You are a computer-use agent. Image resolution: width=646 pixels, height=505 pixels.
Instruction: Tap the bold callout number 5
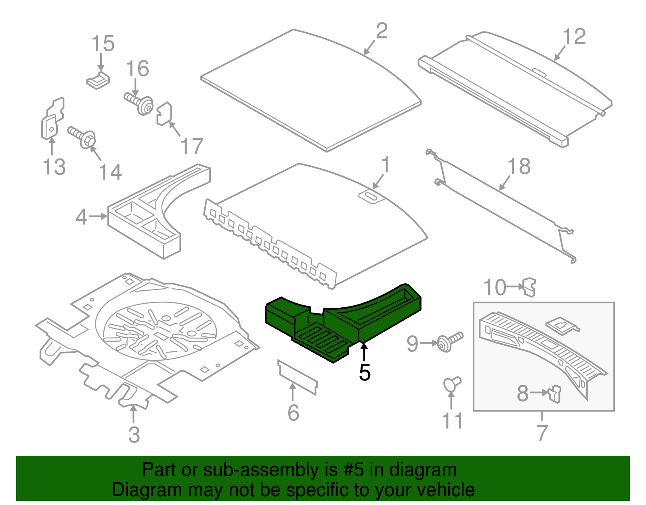(364, 372)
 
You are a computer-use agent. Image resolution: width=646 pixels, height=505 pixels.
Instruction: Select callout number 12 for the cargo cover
(574, 37)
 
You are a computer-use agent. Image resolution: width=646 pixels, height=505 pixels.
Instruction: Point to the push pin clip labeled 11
(452, 384)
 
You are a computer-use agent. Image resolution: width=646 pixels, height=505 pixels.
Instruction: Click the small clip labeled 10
(529, 287)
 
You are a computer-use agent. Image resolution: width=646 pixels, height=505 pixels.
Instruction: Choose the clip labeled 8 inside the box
(556, 393)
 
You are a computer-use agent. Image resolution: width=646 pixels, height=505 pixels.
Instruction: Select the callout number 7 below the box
(542, 433)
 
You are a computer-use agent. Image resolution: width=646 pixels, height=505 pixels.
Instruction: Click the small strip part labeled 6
(298, 376)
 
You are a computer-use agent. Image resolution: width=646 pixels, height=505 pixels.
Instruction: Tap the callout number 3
(134, 435)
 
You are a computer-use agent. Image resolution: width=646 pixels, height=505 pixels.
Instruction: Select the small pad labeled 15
(98, 80)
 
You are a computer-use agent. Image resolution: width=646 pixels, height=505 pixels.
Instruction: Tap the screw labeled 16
(139, 103)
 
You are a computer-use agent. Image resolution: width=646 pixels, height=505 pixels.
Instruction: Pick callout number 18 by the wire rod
(519, 166)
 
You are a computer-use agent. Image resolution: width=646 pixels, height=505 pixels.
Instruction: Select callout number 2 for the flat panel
(382, 31)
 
